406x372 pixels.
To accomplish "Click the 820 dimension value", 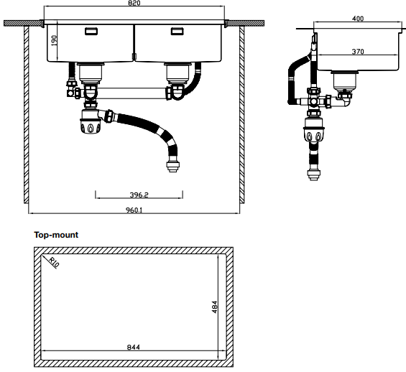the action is [134, 3].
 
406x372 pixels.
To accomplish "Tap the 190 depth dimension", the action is [54, 41].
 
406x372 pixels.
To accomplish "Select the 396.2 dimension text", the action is [139, 195].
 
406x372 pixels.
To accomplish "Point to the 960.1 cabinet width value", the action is [134, 210].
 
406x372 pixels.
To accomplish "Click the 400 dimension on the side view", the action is [358, 19].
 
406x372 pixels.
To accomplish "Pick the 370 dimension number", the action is [358, 52].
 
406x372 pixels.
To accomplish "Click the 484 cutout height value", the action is [215, 307].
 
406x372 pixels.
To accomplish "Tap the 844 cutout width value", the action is [134, 347].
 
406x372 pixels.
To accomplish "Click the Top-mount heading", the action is [56, 235].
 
